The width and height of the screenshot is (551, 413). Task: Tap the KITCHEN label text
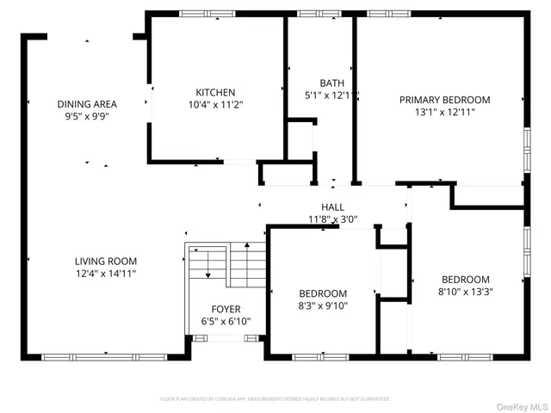[x=215, y=92]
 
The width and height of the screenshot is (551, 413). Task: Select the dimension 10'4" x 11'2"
[x=215, y=104]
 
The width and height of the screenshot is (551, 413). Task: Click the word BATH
[x=331, y=83]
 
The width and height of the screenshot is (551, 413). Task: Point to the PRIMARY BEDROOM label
[x=444, y=100]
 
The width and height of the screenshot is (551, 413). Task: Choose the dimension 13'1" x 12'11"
[x=444, y=111]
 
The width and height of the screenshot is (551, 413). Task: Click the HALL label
[x=332, y=207]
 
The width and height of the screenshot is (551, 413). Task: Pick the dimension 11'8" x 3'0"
[x=332, y=219]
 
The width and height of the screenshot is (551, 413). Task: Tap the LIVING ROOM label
[x=105, y=262]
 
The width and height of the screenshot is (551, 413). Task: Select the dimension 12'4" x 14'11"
[x=105, y=273]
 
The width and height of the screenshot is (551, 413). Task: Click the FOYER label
[x=226, y=309]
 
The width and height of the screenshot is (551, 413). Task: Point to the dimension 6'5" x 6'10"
[x=226, y=321]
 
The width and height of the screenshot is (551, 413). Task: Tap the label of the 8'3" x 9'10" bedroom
[x=323, y=293]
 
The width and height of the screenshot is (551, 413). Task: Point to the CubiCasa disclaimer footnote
[x=275, y=399]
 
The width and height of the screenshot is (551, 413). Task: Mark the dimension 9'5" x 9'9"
[x=87, y=115]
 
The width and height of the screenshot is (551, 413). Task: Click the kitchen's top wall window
[x=207, y=14]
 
